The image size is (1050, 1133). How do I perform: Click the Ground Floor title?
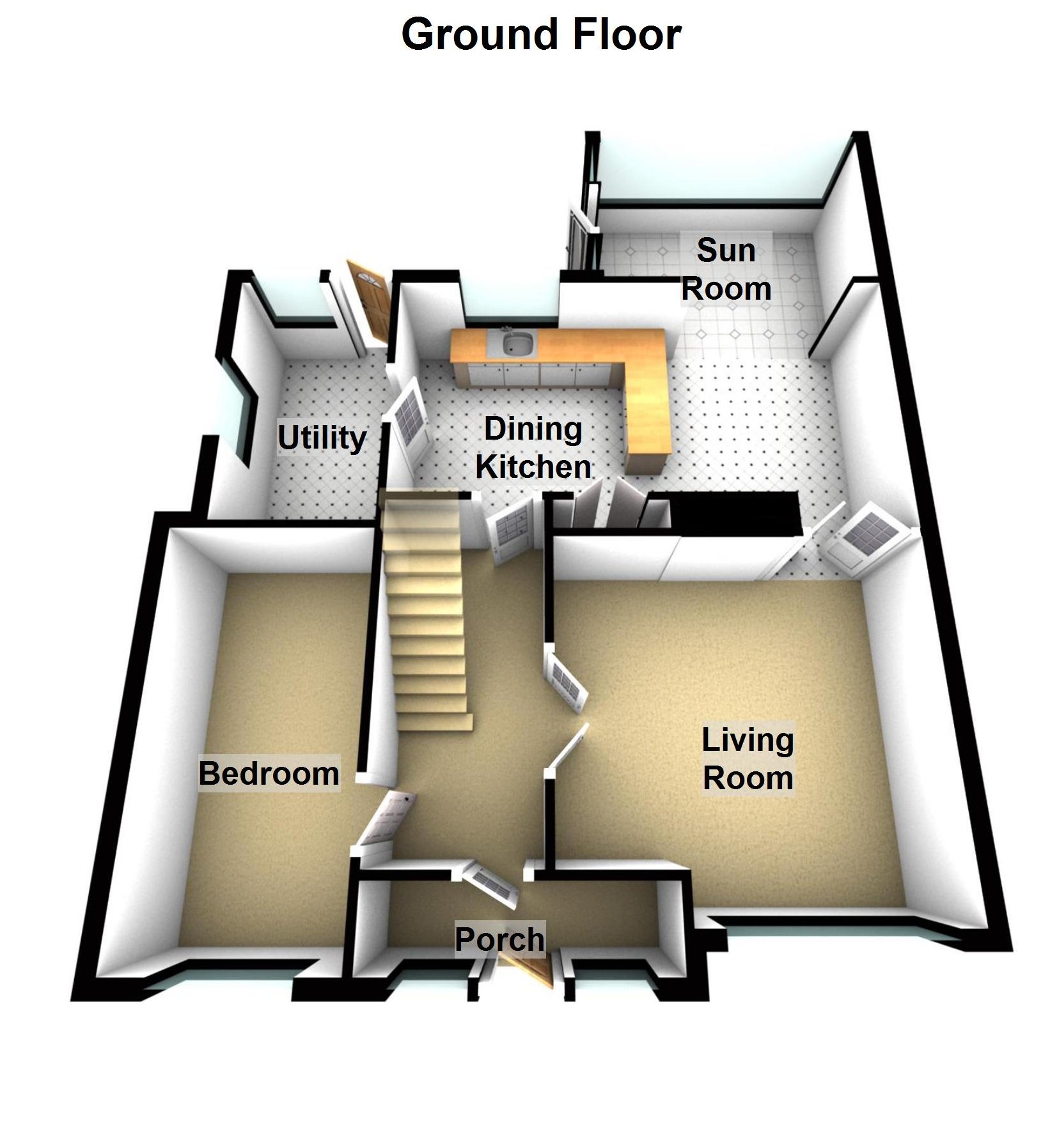point(541,35)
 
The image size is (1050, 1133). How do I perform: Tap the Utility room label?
point(322,438)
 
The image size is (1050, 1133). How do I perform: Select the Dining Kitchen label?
point(533,447)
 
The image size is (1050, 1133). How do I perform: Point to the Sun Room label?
point(726,269)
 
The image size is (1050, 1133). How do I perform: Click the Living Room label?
point(748,759)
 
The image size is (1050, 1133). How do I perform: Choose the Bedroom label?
point(269,773)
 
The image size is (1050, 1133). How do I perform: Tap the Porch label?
point(499,939)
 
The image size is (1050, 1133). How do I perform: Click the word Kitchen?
point(533,467)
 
